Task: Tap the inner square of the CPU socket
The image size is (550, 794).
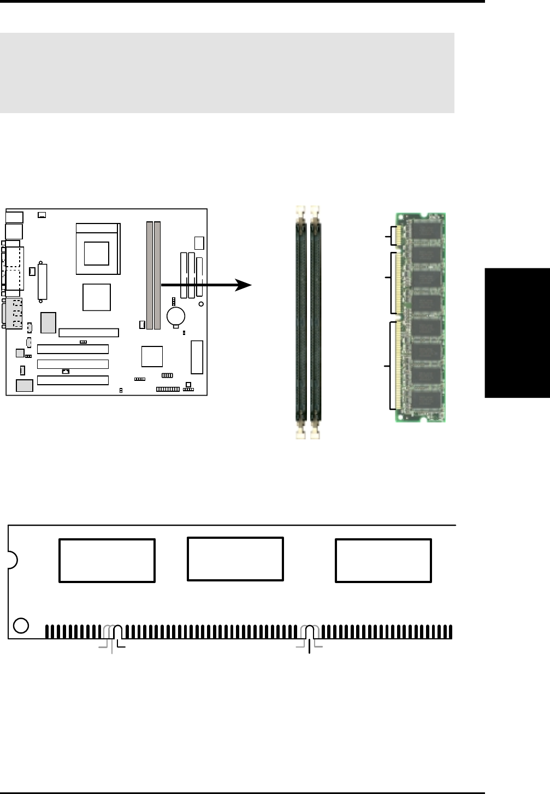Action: pos(96,253)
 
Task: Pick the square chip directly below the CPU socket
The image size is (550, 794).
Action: pos(97,297)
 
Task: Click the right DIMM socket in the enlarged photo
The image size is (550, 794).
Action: pos(315,322)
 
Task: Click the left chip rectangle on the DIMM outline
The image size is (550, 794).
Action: pos(107,561)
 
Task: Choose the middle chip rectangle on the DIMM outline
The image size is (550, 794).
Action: pos(235,559)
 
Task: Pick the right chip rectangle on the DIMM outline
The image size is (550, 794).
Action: pos(383,561)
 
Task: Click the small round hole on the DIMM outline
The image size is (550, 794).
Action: pos(21,625)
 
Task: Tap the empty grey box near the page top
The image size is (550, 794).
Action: pos(227,73)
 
